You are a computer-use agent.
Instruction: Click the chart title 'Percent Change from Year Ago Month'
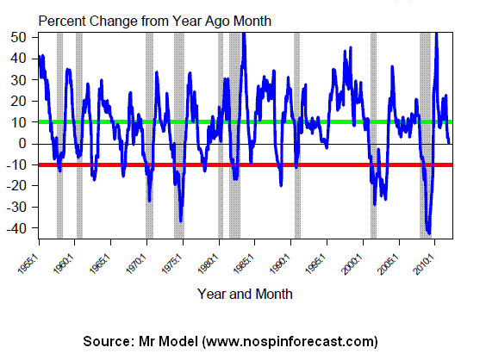point(154,22)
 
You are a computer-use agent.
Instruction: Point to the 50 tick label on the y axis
point(18,38)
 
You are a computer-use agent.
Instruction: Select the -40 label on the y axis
point(16,228)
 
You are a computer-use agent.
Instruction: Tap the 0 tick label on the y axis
point(22,144)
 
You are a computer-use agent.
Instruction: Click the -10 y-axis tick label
point(16,164)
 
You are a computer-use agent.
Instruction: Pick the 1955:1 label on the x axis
point(29,264)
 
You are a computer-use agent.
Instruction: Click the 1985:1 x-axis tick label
point(245,264)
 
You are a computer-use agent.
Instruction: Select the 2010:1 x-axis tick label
point(425,264)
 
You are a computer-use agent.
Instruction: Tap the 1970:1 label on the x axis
point(137,264)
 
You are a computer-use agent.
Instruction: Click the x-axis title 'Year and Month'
point(245,294)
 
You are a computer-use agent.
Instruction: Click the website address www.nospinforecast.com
point(290,341)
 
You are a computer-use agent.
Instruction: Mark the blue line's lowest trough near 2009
point(429,233)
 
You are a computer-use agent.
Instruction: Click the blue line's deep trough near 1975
point(181,220)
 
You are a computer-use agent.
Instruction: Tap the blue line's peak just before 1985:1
point(244,34)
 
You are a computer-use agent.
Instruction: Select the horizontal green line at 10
point(246,121)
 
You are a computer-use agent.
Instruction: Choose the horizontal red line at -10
point(246,164)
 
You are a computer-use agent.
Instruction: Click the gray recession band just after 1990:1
point(297,135)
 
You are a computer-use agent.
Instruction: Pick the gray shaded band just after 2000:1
point(373,135)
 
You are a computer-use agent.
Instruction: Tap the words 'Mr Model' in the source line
point(168,341)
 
